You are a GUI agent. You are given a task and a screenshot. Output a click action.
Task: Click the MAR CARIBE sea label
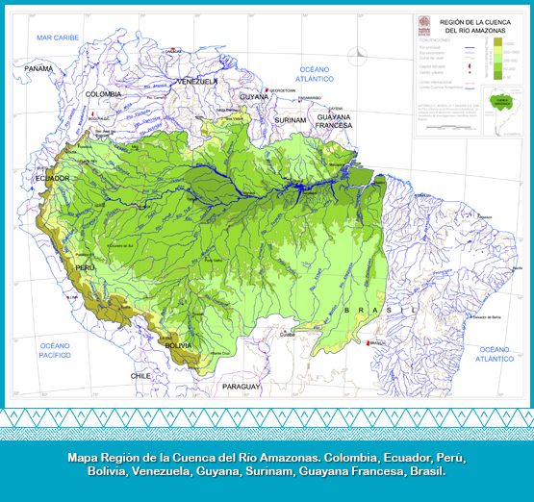[x=57, y=37]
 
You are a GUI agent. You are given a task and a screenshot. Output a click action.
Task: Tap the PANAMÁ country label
[x=38, y=69]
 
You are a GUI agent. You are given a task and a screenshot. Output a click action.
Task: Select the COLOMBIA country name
[x=103, y=94]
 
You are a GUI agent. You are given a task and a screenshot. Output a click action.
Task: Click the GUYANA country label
[x=254, y=97]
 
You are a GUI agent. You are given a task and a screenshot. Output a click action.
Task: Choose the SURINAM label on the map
[x=291, y=120]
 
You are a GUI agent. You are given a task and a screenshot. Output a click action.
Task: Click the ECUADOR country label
[x=52, y=179]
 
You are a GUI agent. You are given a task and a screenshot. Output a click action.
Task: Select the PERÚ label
[x=84, y=266]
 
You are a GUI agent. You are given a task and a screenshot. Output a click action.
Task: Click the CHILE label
[x=141, y=376]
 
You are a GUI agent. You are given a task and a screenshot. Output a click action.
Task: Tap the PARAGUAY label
[x=242, y=387]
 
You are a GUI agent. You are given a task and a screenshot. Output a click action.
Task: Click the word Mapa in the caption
[x=85, y=458]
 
